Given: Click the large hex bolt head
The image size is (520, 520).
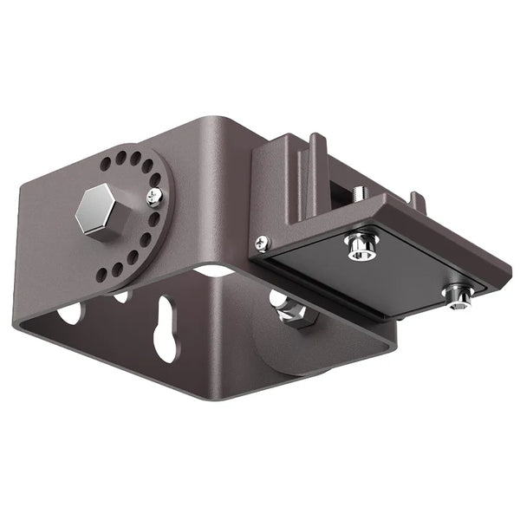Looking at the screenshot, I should coord(98,211).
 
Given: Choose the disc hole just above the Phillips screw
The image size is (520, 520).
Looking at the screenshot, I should coord(154,180).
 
